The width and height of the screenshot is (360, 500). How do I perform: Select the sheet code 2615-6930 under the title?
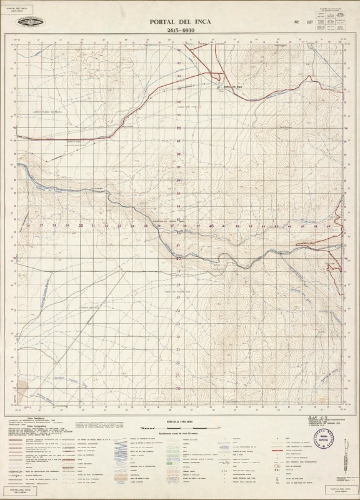(179, 30)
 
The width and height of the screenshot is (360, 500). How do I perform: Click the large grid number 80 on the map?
(179, 258)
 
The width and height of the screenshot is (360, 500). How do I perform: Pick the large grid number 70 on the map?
(179, 388)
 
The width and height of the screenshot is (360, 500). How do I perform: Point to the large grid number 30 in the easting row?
(81, 226)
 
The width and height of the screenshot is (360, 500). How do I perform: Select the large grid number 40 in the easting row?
(212, 226)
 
